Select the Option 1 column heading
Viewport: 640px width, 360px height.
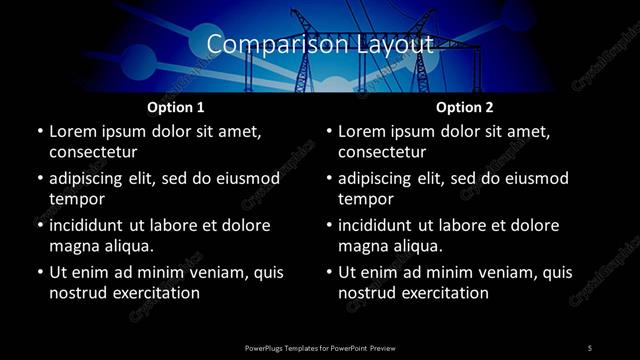click(176, 107)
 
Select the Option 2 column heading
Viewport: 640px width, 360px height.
click(465, 107)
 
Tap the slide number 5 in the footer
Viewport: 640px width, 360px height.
click(590, 347)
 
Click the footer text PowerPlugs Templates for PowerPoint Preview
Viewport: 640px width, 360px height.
click(320, 347)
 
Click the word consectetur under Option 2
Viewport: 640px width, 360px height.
click(382, 152)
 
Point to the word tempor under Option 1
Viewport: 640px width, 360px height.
click(76, 198)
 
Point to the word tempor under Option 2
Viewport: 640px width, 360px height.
click(365, 198)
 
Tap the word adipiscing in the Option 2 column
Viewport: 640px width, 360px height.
click(382, 178)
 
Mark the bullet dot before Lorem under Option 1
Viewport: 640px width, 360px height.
click(40, 131)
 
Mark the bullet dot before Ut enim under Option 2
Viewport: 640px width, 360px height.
click(329, 272)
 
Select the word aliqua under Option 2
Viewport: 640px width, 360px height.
click(417, 245)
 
